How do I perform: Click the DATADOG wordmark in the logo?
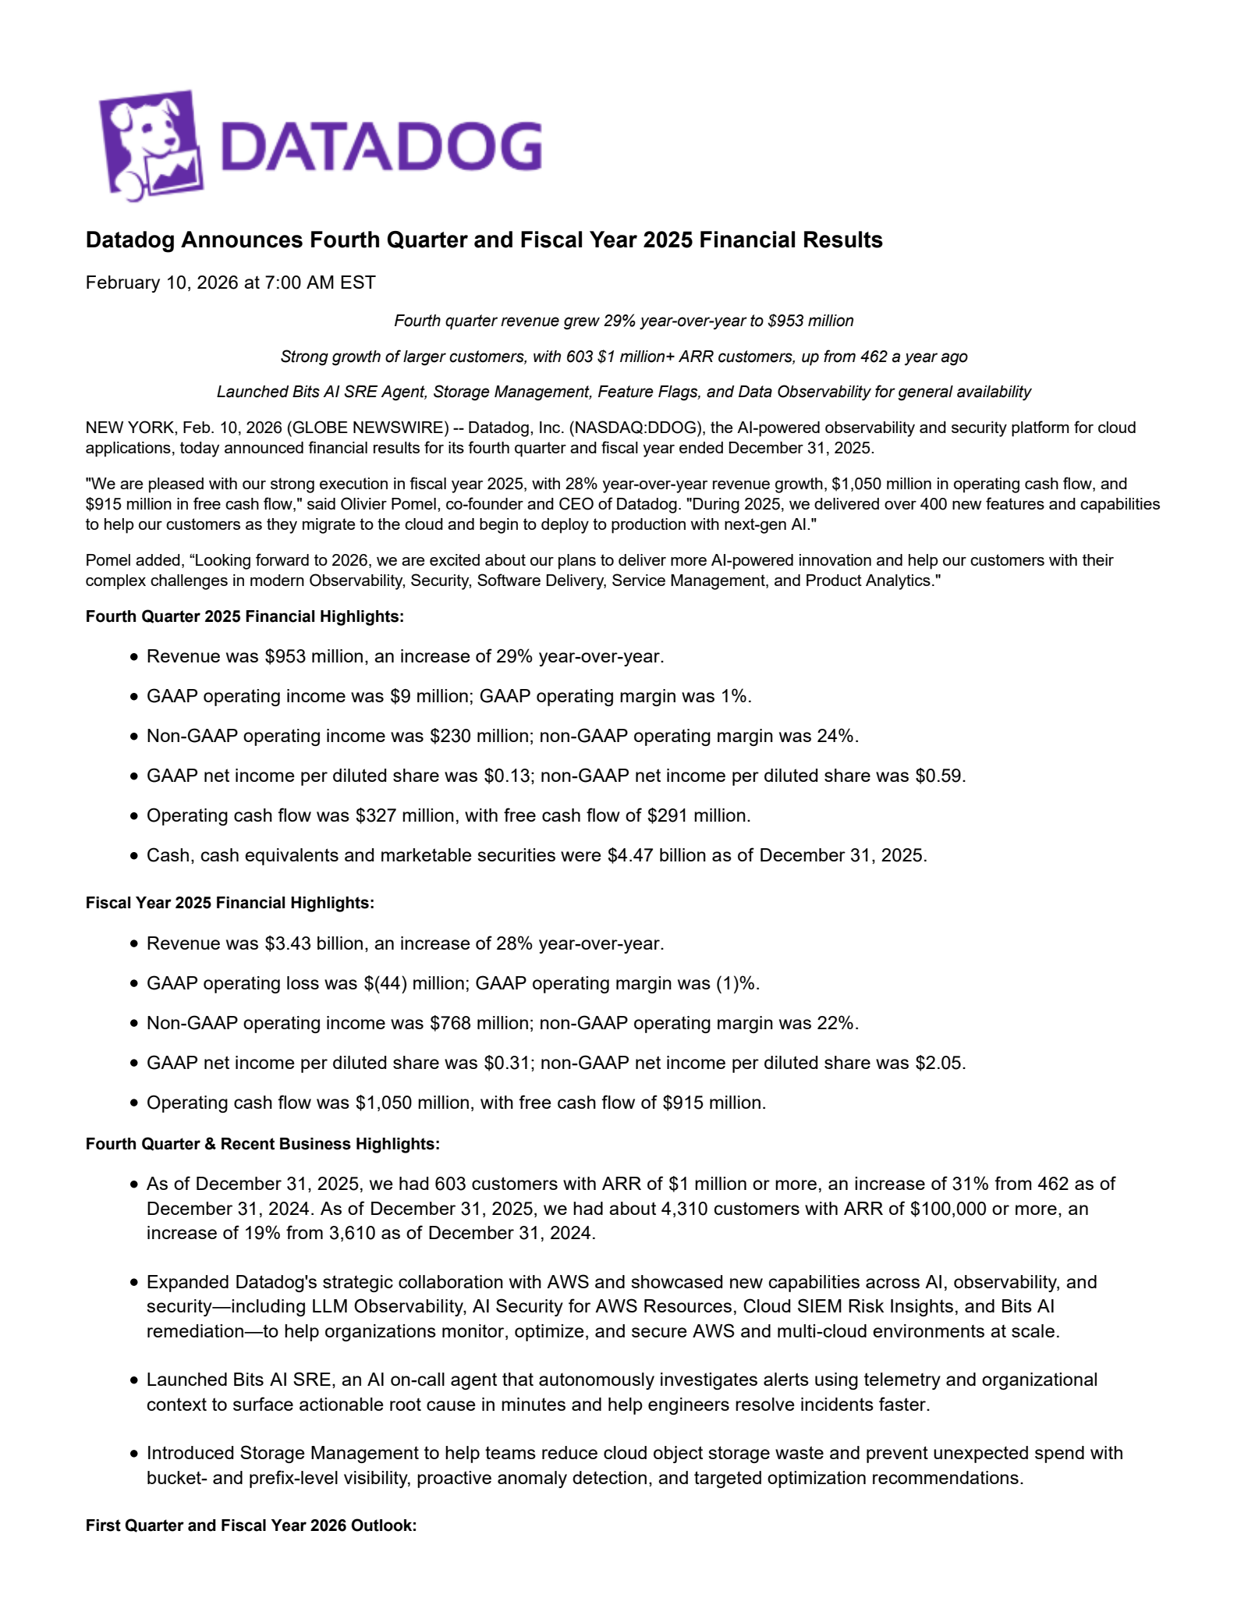pyautogui.click(x=380, y=146)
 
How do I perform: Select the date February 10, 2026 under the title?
pyautogui.click(x=161, y=282)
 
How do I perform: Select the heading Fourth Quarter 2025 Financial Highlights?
pyautogui.click(x=245, y=616)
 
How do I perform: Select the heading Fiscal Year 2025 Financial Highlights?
pyautogui.click(x=230, y=903)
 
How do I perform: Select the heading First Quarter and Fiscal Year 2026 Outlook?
pyautogui.click(x=251, y=1525)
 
